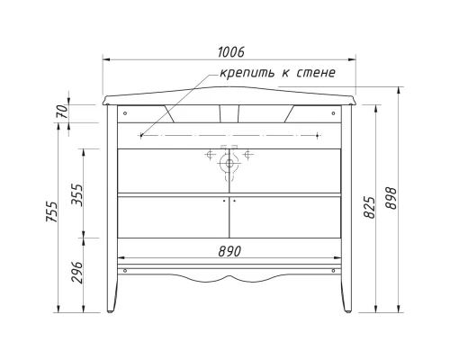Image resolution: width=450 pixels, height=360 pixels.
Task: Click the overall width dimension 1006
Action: (x=231, y=52)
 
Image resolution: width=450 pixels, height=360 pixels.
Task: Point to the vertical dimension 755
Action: (x=53, y=212)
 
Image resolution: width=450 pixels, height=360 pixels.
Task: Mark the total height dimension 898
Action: (x=391, y=202)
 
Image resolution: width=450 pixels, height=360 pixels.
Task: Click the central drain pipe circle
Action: (x=229, y=163)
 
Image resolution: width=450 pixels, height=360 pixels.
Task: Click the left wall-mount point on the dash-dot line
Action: (x=141, y=135)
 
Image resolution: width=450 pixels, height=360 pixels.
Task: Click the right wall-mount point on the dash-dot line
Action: (x=318, y=135)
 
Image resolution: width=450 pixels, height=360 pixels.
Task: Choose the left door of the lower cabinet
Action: (x=173, y=216)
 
